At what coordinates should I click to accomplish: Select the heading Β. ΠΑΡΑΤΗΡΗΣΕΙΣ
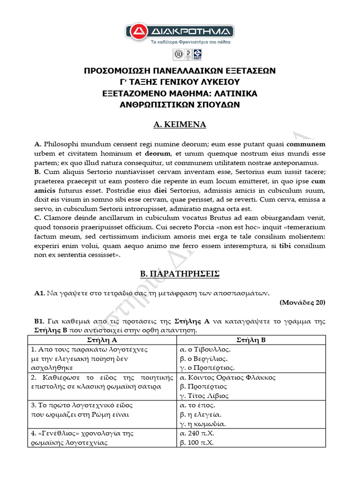(180, 273)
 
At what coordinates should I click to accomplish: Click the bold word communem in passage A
(306, 144)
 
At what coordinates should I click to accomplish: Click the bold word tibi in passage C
(285, 246)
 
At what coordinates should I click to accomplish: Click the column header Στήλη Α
(102, 340)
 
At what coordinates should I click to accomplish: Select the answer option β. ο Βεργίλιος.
(203, 359)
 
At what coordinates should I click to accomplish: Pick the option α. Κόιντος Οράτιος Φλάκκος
(228, 377)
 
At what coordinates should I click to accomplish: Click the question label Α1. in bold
(39, 293)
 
